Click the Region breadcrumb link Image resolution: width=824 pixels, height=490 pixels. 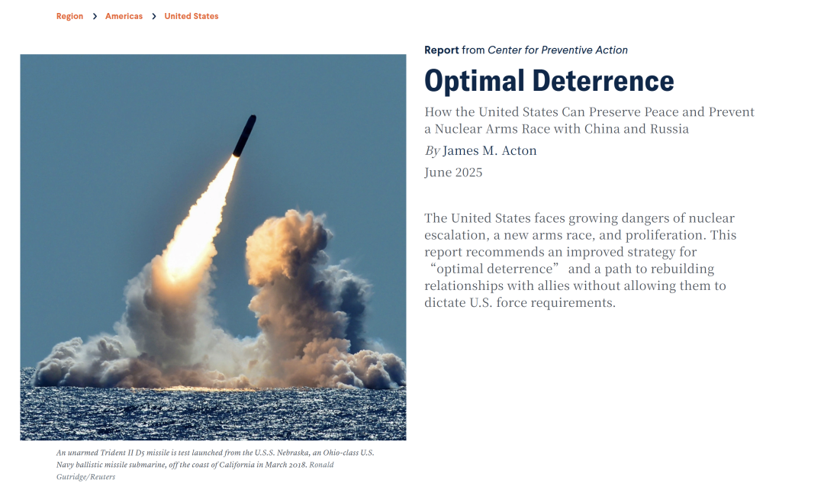click(70, 16)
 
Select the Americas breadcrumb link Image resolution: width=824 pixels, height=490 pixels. click(124, 16)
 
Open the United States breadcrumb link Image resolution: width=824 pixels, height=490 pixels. click(192, 16)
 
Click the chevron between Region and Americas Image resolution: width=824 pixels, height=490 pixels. click(95, 16)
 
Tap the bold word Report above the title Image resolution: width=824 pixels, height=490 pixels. click(442, 50)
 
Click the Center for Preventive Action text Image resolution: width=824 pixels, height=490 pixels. click(558, 50)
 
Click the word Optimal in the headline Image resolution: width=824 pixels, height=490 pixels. click(475, 82)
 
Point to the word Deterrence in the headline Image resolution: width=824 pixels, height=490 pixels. click(604, 81)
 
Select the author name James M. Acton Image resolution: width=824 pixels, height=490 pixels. click(489, 151)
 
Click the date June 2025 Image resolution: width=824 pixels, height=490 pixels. click(453, 172)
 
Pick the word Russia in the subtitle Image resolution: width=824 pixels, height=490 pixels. click(670, 129)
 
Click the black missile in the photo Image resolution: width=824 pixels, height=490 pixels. click(244, 136)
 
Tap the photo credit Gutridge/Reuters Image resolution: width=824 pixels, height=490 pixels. click(85, 477)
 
